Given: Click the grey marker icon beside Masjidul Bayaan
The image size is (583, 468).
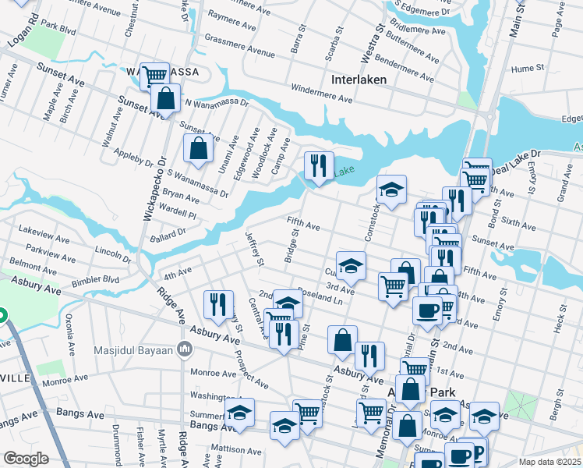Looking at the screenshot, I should [184, 347].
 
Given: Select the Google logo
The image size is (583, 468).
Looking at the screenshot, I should [27, 459].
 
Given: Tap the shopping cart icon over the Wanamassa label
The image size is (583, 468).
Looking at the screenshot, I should [154, 75].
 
